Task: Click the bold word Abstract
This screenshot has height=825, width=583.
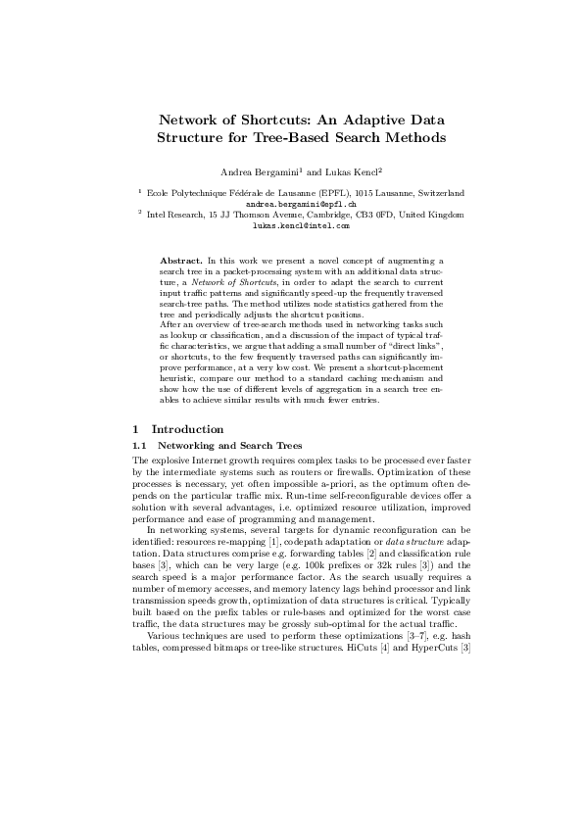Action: [x=179, y=262]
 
